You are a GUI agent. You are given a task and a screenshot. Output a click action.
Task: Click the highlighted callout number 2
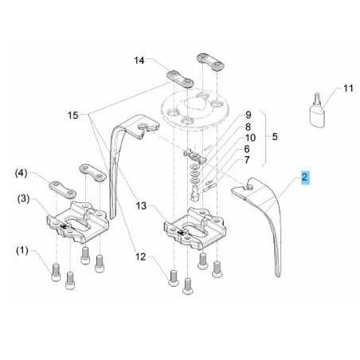[304, 177]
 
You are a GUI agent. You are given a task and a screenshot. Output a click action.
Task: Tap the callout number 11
[348, 88]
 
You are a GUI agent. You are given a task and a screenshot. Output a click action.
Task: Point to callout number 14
[139, 61]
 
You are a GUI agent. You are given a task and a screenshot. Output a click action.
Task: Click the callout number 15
[73, 115]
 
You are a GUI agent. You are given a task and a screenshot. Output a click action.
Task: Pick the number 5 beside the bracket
[275, 137]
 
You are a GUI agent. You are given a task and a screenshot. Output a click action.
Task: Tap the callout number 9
[248, 115]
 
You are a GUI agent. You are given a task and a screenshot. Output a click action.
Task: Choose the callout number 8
[248, 127]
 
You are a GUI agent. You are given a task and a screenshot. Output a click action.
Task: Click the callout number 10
[250, 138]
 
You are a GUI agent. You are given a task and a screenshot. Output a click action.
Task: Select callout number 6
[247, 149]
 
